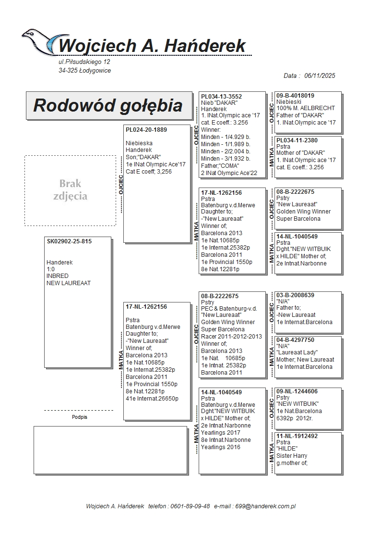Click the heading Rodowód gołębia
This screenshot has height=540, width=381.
pos(107,105)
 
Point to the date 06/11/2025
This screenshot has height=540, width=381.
pos(319,75)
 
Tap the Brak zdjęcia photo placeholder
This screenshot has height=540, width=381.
pos(70,190)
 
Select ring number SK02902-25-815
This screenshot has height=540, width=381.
pos(69,241)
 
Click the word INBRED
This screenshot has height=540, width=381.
pos(58,276)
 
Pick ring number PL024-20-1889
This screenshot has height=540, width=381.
pos(146,130)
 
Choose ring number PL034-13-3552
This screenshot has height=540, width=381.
pos(221,97)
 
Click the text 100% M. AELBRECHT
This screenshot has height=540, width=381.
pos(306,108)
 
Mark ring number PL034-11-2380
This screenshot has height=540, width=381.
pos(297,140)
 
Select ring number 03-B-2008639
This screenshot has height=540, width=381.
pos(296,295)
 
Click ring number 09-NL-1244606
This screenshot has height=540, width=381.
pos(297,391)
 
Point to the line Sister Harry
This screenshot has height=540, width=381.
pos(292,456)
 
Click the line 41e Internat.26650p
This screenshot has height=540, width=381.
pos(152,398)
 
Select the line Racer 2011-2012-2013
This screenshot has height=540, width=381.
pos(231,337)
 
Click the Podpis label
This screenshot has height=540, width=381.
pos(79,417)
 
